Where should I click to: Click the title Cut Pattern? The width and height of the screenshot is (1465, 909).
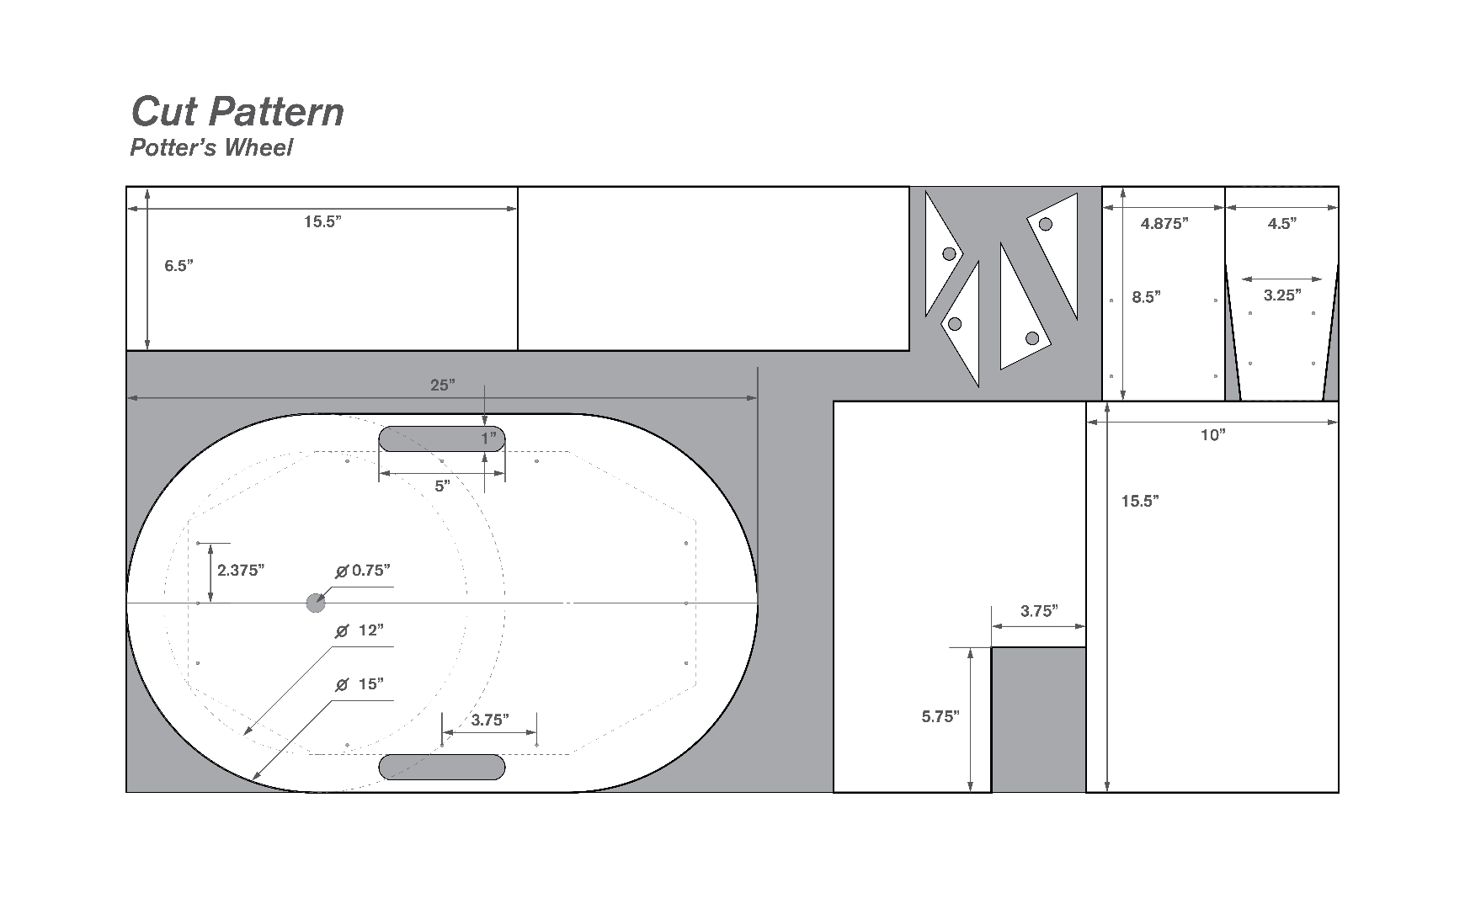point(238,111)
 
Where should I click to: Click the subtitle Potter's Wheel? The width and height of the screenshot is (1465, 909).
point(211,147)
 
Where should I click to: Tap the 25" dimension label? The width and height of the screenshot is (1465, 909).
point(443,385)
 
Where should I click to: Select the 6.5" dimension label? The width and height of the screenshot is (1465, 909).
point(178,265)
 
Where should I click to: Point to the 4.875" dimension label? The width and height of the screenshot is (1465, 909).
point(1164,223)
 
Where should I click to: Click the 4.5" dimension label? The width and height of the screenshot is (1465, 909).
point(1281,223)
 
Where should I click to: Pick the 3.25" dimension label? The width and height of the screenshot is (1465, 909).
point(1282,295)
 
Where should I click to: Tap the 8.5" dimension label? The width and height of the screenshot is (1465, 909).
point(1147,296)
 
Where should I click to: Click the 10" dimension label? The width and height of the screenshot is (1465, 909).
point(1212,434)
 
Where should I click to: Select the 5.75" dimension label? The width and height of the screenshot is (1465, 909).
point(940,716)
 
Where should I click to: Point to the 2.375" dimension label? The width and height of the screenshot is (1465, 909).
point(241,570)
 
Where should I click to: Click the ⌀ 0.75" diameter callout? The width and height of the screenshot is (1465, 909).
point(363,570)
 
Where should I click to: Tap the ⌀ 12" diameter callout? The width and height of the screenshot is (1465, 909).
point(360,630)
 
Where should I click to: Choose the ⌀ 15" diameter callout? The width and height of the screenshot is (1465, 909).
point(360,684)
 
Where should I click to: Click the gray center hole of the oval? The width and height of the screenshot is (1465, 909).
point(315,603)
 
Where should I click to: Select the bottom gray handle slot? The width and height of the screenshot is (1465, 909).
point(442,767)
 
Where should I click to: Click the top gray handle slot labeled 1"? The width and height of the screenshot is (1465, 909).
point(442,439)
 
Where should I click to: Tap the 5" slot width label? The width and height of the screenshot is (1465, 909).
point(442,486)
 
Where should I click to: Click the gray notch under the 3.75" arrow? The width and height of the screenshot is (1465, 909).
point(1039,720)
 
